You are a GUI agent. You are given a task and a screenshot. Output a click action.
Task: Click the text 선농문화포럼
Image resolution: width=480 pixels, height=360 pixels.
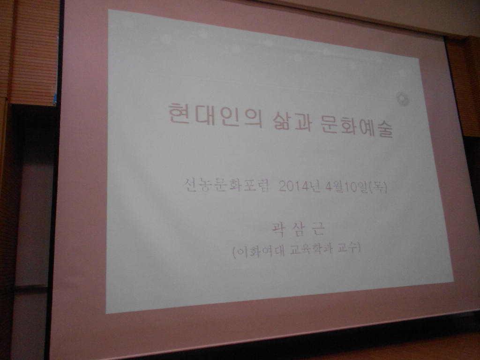tap(227, 185)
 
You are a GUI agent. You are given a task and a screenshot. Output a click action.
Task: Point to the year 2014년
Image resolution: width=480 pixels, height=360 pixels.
tap(300, 186)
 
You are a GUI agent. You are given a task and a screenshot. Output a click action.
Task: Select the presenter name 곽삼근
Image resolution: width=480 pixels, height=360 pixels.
tap(298, 228)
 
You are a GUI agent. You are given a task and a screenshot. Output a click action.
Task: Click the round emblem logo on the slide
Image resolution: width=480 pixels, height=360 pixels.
tap(402, 98)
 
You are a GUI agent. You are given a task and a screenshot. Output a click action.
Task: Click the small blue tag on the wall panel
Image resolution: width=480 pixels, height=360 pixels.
tap(55, 98)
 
